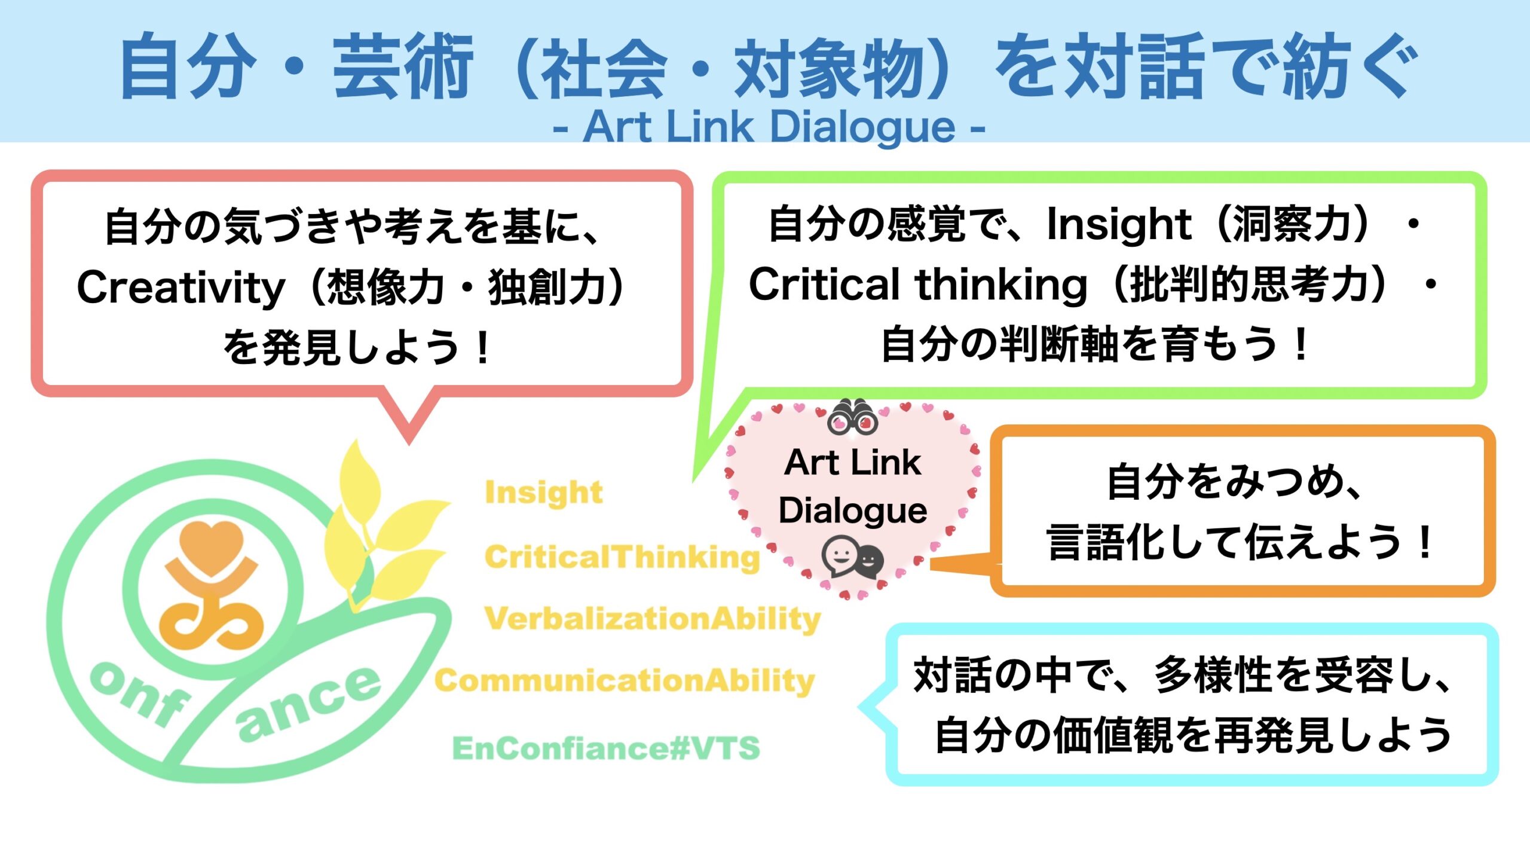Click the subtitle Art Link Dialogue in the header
pos(769,127)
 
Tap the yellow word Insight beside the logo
pos(543,493)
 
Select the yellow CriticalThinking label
pos(622,557)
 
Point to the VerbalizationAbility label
pos(653,619)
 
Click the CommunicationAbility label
pos(625,681)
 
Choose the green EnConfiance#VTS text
pos(606,748)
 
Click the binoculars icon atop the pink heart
pos(852,417)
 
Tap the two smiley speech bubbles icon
pos(852,557)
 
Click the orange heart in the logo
pos(212,542)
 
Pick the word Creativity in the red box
pos(181,288)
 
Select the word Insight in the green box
pos(1119,225)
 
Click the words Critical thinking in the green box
pos(918,285)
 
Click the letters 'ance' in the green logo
pos(308,704)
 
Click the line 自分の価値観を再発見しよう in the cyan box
pos(1193,735)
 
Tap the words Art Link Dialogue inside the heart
pos(852,486)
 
